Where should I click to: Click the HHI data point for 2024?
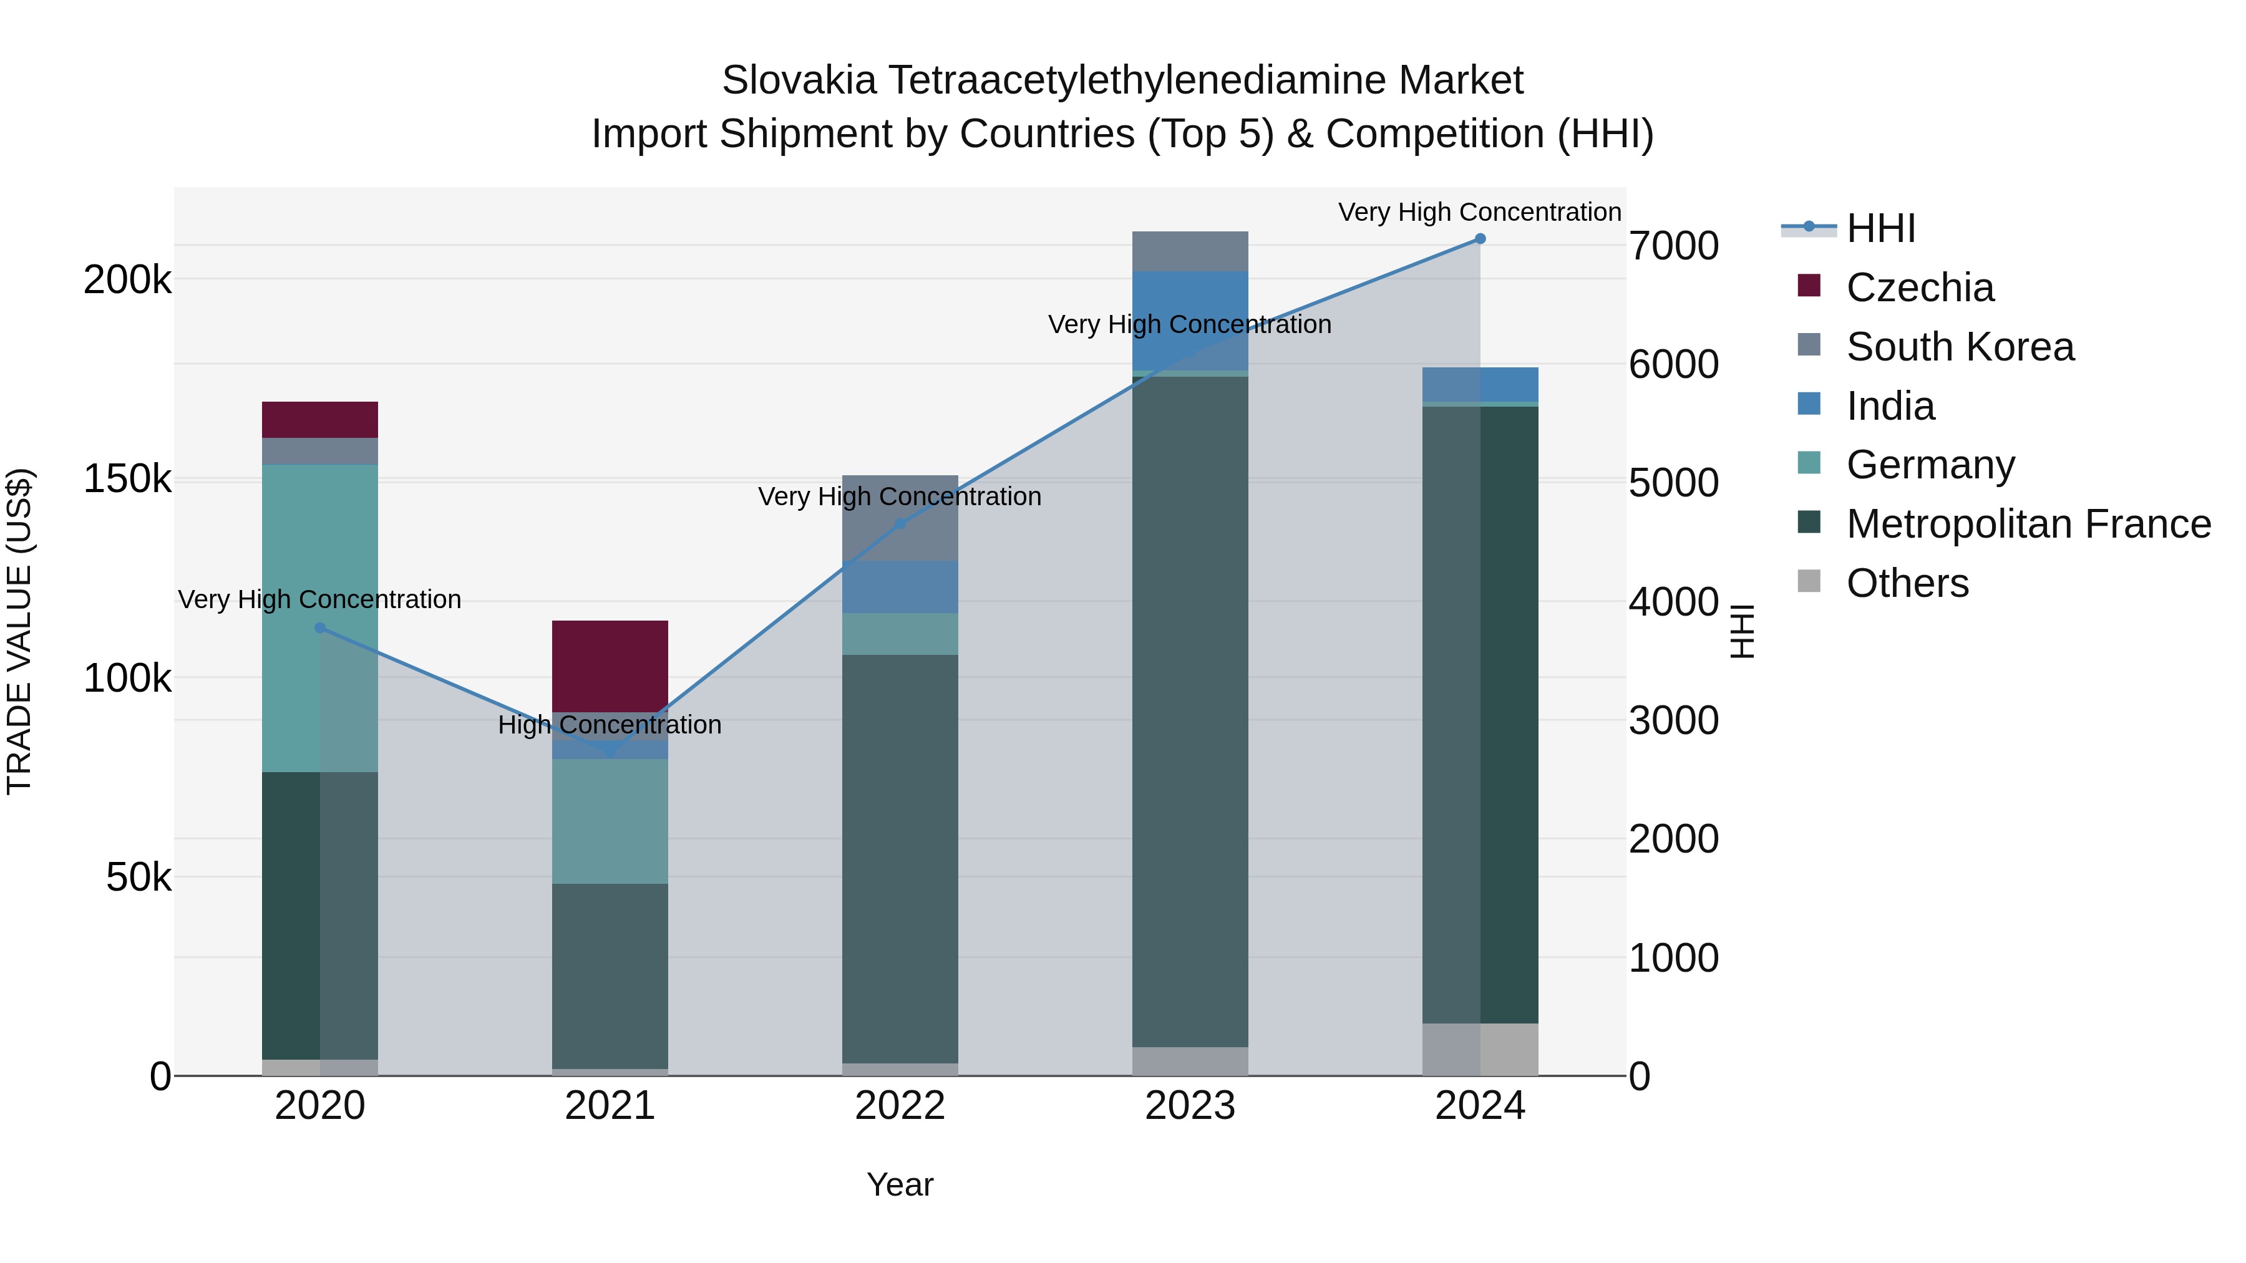(x=1480, y=239)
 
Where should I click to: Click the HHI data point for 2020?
(x=320, y=627)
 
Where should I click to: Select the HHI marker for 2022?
(x=900, y=524)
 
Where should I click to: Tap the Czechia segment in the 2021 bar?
(x=610, y=666)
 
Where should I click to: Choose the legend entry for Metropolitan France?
(x=2028, y=524)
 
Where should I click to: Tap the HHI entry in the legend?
(x=1880, y=228)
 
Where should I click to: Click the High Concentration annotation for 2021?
(x=610, y=725)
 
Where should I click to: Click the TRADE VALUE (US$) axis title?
(x=19, y=631)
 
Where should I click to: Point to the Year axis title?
(x=900, y=1184)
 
